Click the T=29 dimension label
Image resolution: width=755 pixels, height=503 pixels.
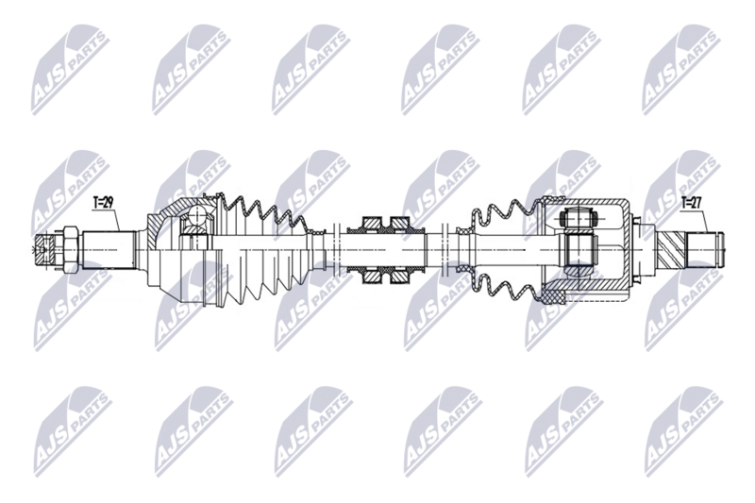(x=103, y=203)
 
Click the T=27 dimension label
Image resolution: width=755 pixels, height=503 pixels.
(x=692, y=201)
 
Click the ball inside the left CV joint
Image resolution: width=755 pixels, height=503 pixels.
(x=195, y=223)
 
